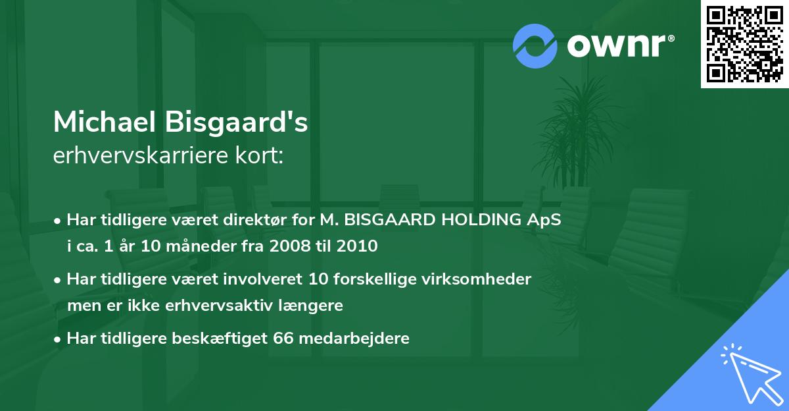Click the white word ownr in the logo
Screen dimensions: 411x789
tap(617, 45)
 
